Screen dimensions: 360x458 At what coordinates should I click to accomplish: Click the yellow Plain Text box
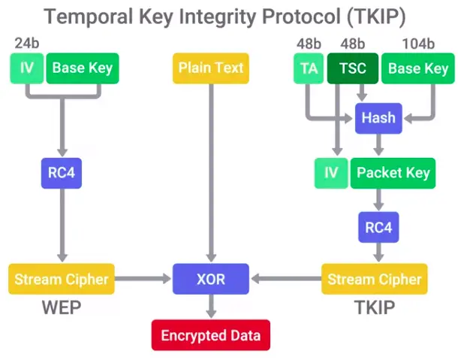point(211,68)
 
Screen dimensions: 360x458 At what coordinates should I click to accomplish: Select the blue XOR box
point(211,280)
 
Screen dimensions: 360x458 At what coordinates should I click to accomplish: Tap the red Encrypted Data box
point(211,334)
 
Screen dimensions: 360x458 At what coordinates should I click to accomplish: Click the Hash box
point(378,118)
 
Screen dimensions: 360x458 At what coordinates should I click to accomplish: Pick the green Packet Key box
point(393,173)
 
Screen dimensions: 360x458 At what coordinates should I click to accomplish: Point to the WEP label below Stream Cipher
point(60,309)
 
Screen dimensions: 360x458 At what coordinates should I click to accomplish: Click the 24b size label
point(27,43)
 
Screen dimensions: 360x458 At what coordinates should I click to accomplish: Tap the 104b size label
point(419,43)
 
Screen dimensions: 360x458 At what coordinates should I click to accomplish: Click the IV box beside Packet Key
point(330,173)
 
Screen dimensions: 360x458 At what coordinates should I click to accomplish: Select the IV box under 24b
point(27,68)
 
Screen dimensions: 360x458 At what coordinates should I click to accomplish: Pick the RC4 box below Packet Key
point(378,227)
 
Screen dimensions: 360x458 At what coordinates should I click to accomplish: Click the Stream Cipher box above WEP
point(61,280)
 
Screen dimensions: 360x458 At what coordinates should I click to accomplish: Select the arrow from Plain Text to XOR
point(211,173)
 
